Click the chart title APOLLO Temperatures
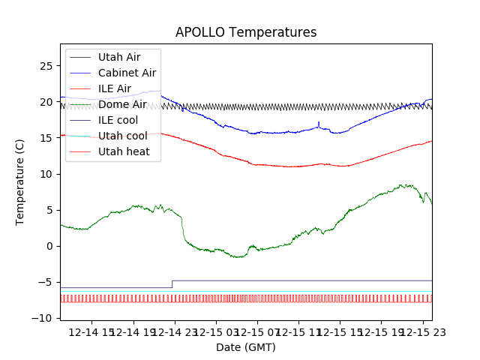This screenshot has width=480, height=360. click(246, 33)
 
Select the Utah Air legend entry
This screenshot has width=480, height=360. click(119, 56)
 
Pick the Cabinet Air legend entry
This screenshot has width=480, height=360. click(127, 73)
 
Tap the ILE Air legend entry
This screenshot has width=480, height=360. click(115, 88)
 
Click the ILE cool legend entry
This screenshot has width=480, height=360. click(118, 120)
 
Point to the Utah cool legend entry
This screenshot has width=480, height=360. click(122, 136)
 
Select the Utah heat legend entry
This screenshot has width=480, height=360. click(124, 151)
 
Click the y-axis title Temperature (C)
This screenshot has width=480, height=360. click(20, 182)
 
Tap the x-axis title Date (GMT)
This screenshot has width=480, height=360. click(246, 347)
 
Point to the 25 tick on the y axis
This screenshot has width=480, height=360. click(46, 66)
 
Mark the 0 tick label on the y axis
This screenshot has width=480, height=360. click(49, 246)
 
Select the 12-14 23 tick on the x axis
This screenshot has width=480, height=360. click(175, 331)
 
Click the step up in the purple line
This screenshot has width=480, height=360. click(172, 283)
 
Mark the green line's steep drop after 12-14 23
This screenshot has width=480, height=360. click(184, 229)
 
